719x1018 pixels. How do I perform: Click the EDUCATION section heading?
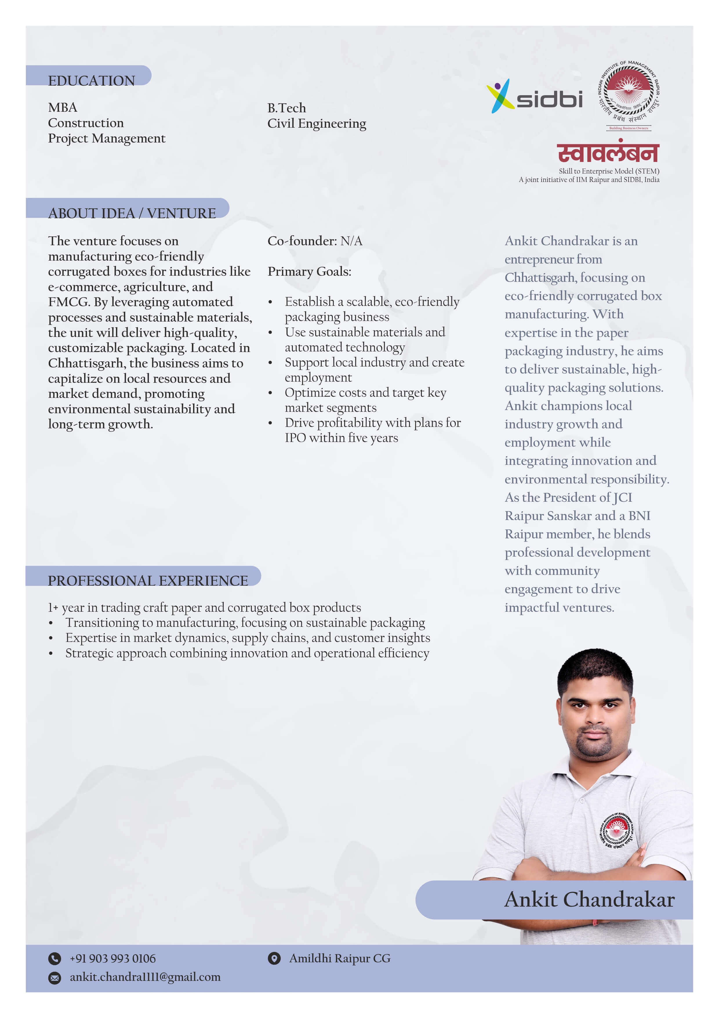(x=91, y=80)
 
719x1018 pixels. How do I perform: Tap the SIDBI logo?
(x=534, y=97)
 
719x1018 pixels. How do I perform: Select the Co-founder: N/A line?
(x=315, y=241)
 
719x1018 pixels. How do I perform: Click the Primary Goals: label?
(x=309, y=271)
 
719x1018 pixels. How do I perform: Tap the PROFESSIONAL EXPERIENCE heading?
(x=148, y=580)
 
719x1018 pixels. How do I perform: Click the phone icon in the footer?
(x=55, y=959)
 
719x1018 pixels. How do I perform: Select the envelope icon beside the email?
(x=55, y=978)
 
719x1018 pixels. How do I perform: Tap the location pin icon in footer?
(x=274, y=959)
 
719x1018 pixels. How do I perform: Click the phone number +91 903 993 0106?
(x=112, y=959)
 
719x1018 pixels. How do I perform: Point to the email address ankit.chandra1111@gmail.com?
(x=145, y=977)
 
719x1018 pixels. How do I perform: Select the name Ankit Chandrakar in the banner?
(x=589, y=900)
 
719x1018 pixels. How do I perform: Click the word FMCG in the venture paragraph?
(x=69, y=302)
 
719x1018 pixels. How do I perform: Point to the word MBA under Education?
(x=62, y=107)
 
